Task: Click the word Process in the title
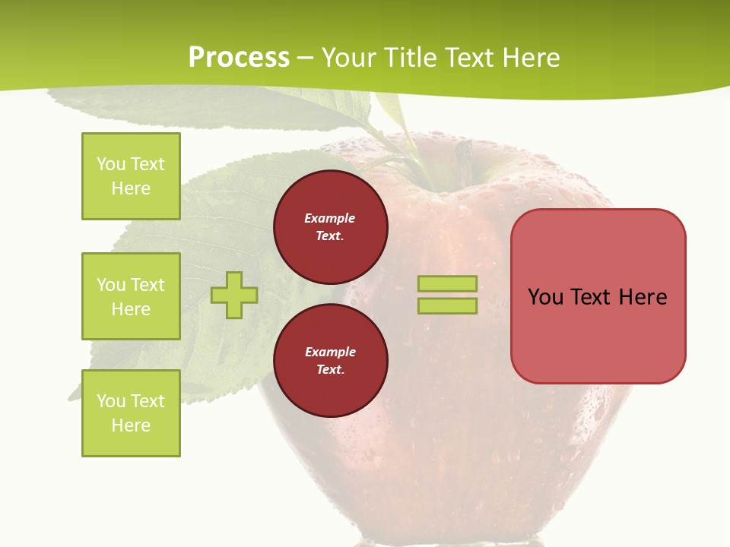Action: tap(239, 57)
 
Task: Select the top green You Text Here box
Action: tap(131, 176)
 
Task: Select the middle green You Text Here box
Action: tap(131, 296)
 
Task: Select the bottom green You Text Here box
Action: tap(131, 413)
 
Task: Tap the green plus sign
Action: tap(234, 296)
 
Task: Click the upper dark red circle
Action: tap(331, 227)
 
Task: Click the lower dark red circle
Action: tap(331, 361)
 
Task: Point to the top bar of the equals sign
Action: tap(447, 284)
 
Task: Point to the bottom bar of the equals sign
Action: tap(447, 306)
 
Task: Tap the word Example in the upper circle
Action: tap(330, 218)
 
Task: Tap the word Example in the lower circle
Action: tap(330, 352)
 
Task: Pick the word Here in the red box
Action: tap(643, 297)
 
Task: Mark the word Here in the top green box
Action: tap(131, 188)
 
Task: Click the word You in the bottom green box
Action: tap(111, 401)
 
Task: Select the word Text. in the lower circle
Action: tap(330, 370)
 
